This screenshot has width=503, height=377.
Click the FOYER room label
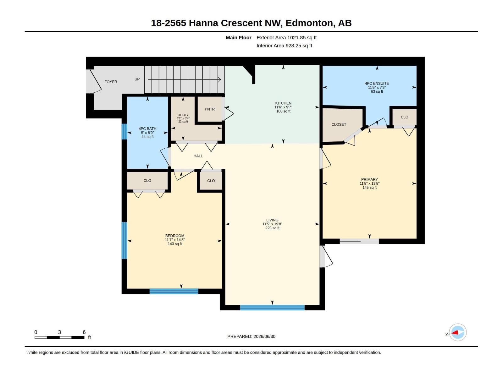[x=111, y=82]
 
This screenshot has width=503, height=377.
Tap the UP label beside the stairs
[x=137, y=79]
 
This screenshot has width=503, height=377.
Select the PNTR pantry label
[x=210, y=109]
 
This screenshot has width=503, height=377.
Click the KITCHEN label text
[x=283, y=103]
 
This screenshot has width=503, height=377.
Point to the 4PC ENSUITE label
[x=377, y=84]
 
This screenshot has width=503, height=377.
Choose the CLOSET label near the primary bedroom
[x=339, y=124]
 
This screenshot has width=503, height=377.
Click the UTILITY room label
[x=183, y=115]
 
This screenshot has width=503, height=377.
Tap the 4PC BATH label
[x=147, y=128]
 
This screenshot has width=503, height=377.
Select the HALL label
[x=198, y=156]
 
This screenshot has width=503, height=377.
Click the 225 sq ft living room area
[x=272, y=228]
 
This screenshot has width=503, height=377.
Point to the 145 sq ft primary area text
[x=369, y=188]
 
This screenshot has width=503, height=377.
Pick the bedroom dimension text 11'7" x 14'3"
[x=175, y=240]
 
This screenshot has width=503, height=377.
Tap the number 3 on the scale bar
[x=60, y=332]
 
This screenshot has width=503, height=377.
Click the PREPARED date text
[x=251, y=336]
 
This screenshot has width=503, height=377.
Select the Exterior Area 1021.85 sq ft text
[x=286, y=37]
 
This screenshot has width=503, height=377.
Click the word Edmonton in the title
[x=309, y=23]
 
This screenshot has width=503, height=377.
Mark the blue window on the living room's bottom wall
[x=272, y=308]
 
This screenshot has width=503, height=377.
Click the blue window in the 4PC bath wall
[x=124, y=132]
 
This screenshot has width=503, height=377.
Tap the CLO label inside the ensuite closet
[x=405, y=117]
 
